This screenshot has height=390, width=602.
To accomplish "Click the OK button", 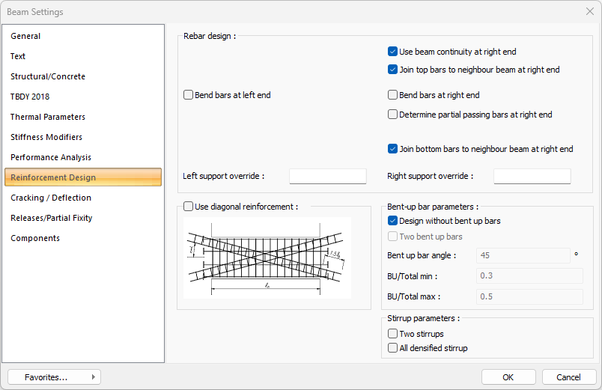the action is [508, 377].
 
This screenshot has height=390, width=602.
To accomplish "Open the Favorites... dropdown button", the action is [54, 377].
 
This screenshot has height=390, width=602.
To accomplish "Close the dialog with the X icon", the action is [590, 11].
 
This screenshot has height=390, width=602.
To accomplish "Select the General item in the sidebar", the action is [25, 36].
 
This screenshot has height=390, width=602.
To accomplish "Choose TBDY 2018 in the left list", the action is [30, 97].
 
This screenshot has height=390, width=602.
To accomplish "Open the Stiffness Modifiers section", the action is [46, 137].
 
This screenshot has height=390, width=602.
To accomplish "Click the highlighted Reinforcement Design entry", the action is [83, 177].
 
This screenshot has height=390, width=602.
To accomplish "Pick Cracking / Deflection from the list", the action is [51, 198].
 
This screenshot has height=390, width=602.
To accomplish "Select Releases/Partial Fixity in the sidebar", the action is [52, 218].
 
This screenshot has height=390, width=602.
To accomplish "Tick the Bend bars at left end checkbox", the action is [188, 95].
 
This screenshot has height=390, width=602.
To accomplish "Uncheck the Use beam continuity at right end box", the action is [392, 52].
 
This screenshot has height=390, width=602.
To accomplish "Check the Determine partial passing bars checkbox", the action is [392, 115].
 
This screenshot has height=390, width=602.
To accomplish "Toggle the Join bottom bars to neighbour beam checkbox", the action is [392, 149].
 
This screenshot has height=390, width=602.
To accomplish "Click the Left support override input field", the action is [328, 176].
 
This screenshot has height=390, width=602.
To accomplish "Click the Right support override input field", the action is [532, 176].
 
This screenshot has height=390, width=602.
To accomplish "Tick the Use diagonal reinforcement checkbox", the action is [188, 207].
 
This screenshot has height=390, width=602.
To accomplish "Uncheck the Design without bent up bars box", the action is [392, 221].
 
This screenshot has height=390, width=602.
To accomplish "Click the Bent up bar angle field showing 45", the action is [523, 256].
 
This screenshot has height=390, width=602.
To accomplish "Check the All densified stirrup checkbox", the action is [392, 348].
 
